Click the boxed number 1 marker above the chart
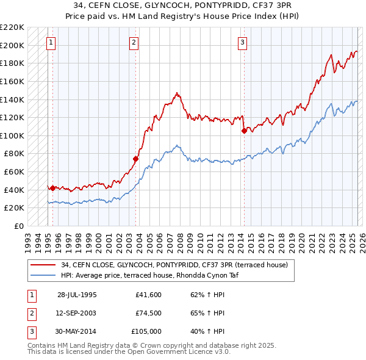tap(50, 43)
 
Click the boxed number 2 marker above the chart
tap(134, 43)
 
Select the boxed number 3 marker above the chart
tap(243, 43)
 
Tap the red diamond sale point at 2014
tap(244, 130)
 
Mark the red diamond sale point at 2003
tap(135, 159)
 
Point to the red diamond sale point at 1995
tap(52, 188)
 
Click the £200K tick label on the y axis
tap(13, 45)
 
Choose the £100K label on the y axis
tap(13, 135)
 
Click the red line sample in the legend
tap(43, 264)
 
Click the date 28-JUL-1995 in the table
tap(77, 294)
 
